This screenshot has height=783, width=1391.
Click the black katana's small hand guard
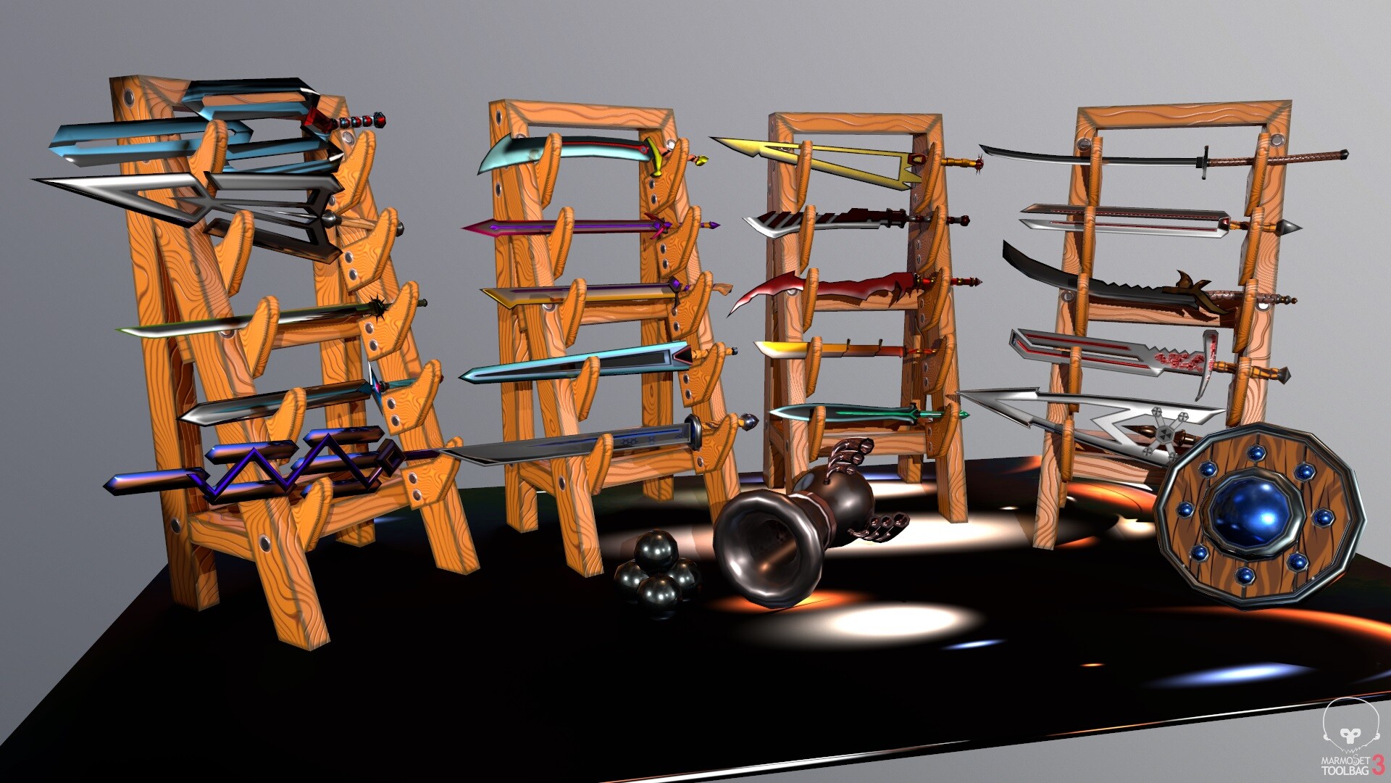point(1205,161)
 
